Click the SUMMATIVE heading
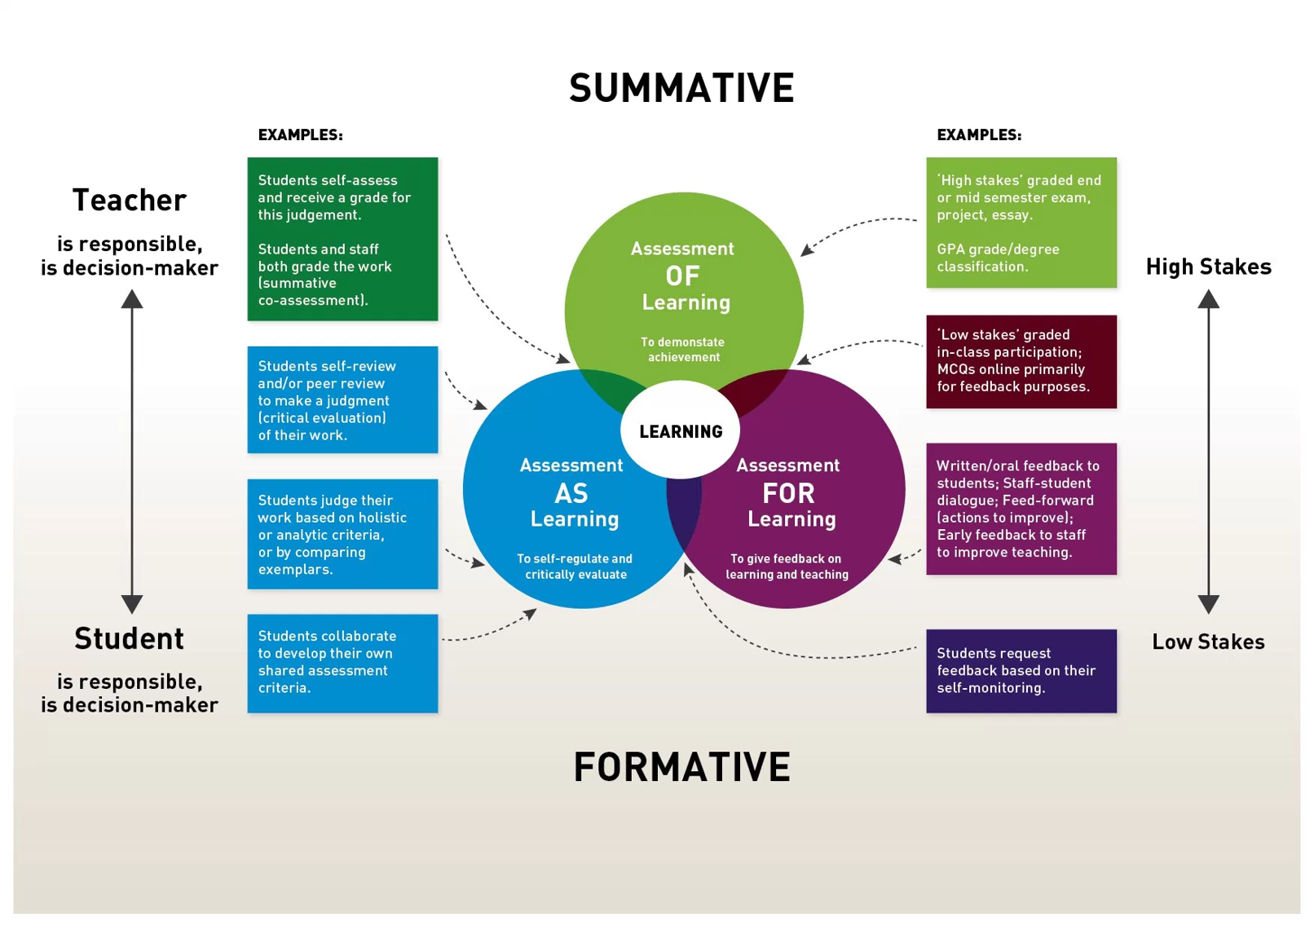pyautogui.click(x=681, y=88)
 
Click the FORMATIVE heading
pyautogui.click(x=681, y=767)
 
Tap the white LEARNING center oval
pyautogui.click(x=681, y=431)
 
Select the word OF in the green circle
pyautogui.click(x=682, y=276)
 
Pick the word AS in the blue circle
pyautogui.click(x=571, y=493)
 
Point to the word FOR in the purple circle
pyautogui.click(x=788, y=493)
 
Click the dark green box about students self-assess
pyautogui.click(x=342, y=239)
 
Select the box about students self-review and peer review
pyautogui.click(x=342, y=399)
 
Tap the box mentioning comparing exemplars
pyautogui.click(x=342, y=534)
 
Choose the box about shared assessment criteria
pyautogui.click(x=342, y=663)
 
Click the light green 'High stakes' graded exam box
pyautogui.click(x=1021, y=223)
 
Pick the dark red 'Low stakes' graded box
pyautogui.click(x=1021, y=361)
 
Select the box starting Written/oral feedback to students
pyautogui.click(x=1021, y=509)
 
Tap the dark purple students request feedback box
pyautogui.click(x=1021, y=670)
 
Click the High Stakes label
pyautogui.click(x=1208, y=267)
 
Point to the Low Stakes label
pyautogui.click(x=1208, y=642)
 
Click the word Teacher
pyautogui.click(x=130, y=200)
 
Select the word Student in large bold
pyautogui.click(x=130, y=638)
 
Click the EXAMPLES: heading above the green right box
pyautogui.click(x=978, y=135)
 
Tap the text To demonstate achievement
pyautogui.click(x=683, y=350)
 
